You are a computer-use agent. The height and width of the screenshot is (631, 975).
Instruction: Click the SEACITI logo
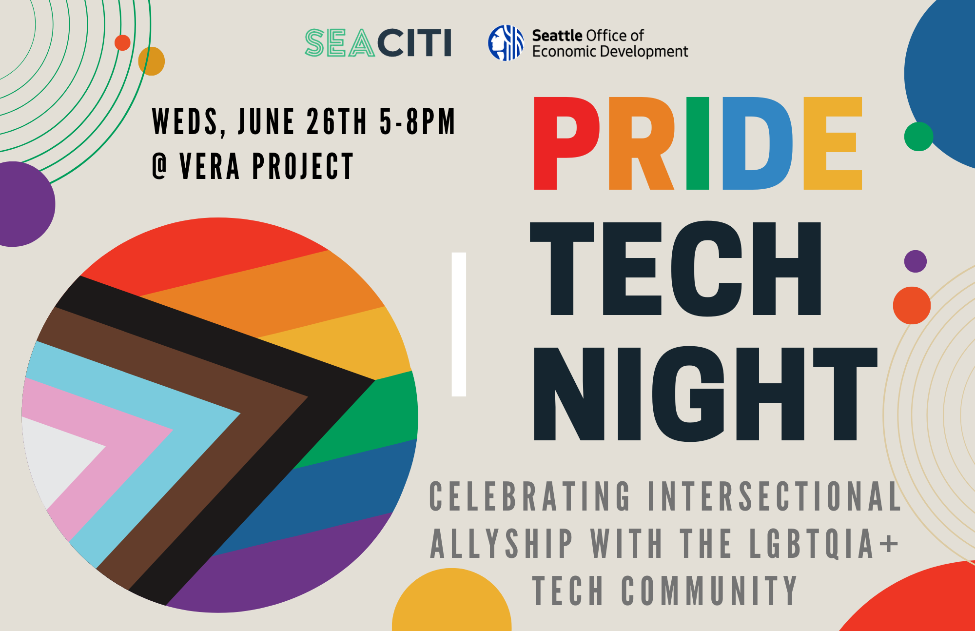click(x=378, y=43)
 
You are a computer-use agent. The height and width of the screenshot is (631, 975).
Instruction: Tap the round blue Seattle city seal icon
click(x=506, y=43)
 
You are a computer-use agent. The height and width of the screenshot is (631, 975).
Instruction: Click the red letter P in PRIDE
click(x=567, y=143)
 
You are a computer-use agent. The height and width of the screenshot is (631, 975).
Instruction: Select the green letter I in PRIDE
click(x=698, y=143)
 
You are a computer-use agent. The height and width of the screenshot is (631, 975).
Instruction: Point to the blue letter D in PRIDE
click(x=757, y=143)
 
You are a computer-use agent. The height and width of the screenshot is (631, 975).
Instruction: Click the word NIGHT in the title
click(x=705, y=394)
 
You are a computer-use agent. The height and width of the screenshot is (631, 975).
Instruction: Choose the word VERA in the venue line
click(x=210, y=166)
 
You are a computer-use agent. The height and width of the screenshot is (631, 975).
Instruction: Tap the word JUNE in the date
click(x=266, y=121)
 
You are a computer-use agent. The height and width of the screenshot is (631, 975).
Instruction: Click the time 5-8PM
click(x=417, y=121)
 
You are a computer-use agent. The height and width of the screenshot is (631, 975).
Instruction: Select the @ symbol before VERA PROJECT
click(x=160, y=166)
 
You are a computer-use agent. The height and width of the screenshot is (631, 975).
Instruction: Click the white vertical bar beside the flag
click(x=459, y=324)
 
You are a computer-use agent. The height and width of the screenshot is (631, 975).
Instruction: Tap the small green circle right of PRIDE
click(x=918, y=137)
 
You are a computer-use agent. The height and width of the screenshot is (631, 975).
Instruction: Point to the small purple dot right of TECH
click(x=916, y=261)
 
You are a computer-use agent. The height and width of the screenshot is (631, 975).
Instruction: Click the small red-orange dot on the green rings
click(x=122, y=42)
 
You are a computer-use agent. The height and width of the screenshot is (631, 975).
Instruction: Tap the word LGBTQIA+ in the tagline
click(x=823, y=543)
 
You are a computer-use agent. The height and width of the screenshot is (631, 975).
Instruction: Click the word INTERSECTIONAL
click(x=775, y=496)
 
